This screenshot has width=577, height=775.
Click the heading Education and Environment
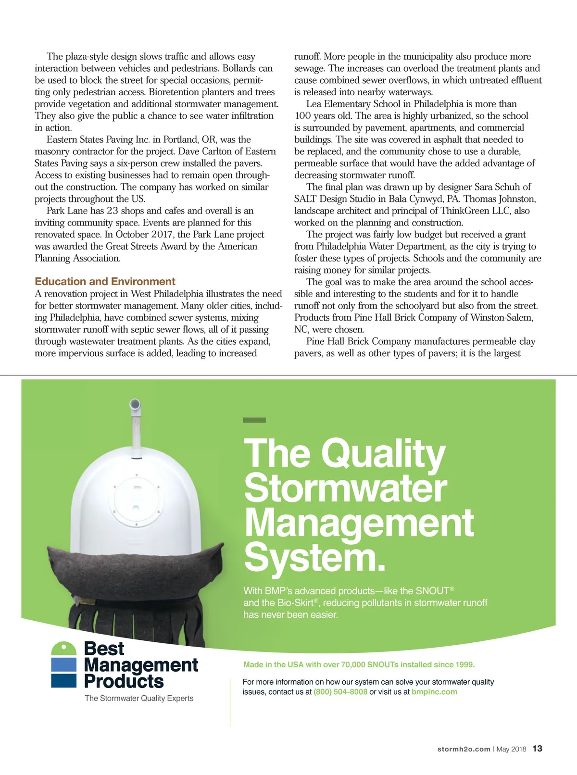point(105,282)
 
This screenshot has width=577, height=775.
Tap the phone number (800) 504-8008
point(340,692)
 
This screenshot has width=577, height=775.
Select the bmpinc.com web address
point(434,692)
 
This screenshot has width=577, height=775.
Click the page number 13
point(537,749)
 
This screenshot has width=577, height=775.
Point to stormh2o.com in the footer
point(464,749)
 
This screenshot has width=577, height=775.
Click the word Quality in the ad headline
point(383,454)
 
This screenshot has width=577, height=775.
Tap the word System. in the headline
point(315,558)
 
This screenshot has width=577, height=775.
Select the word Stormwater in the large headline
point(345,488)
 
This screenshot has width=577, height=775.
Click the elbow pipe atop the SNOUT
point(135,407)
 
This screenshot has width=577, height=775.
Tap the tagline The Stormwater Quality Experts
point(139,698)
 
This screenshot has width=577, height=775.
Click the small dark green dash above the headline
point(254,420)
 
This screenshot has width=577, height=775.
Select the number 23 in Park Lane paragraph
point(112,211)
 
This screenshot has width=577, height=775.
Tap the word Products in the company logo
point(124,681)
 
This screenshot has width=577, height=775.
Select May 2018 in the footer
point(511,749)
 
